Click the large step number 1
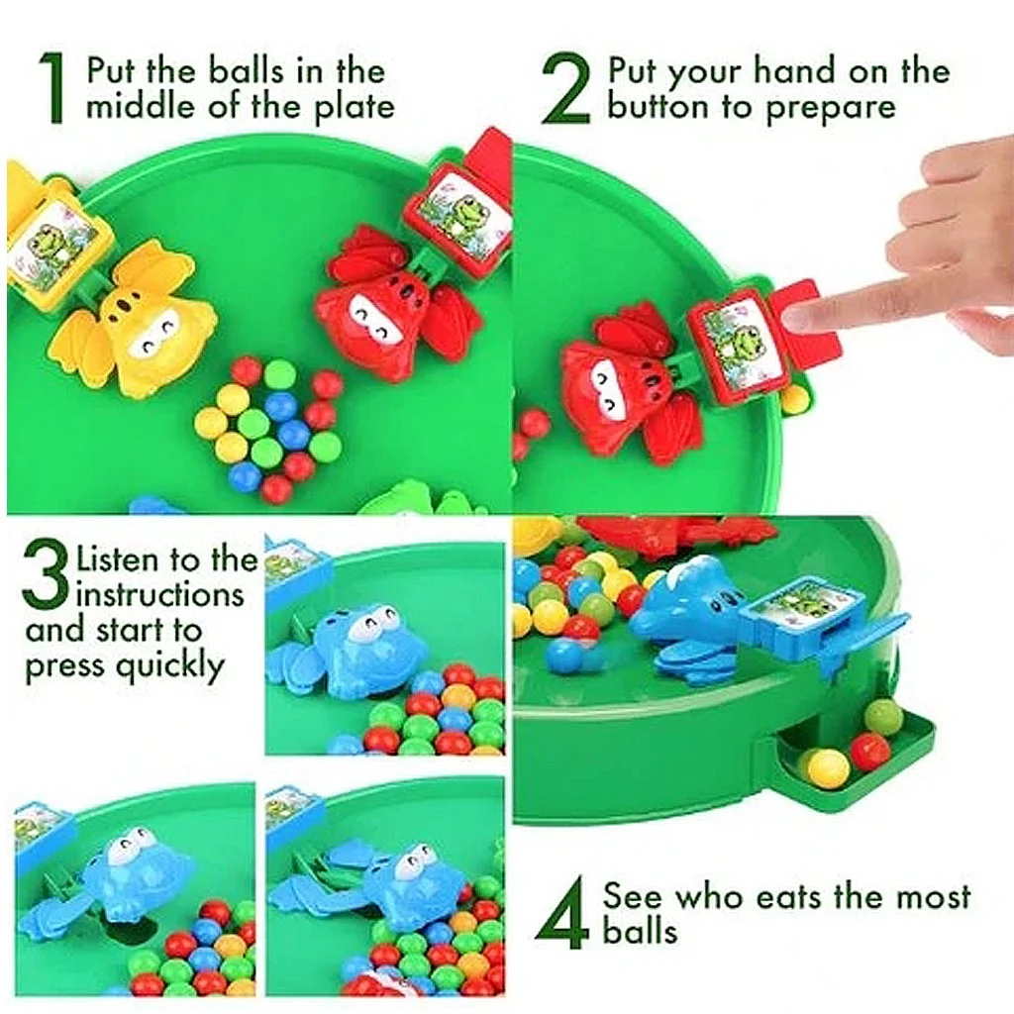click(53, 88)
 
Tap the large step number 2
click(566, 88)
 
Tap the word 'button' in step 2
click(658, 106)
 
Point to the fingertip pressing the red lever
click(799, 316)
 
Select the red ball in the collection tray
click(870, 752)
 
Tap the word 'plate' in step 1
click(355, 106)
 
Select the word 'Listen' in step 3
click(119, 560)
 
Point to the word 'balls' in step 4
click(641, 931)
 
